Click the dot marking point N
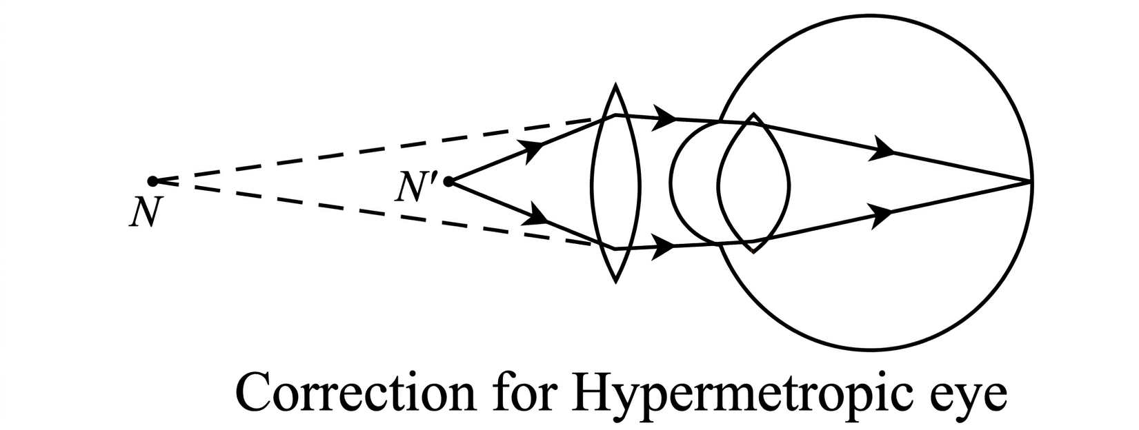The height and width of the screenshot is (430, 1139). [152, 181]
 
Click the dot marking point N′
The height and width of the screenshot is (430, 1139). [448, 181]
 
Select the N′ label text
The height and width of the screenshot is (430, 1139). [415, 188]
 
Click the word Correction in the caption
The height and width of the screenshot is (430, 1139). [355, 395]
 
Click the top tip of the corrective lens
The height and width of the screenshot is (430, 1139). [615, 85]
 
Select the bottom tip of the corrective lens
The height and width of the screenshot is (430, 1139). [615, 280]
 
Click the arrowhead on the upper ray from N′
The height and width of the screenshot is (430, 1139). [534, 150]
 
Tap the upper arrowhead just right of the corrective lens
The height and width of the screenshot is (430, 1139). [664, 118]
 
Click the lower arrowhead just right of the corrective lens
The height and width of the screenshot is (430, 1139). [663, 247]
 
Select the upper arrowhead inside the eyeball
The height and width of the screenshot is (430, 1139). [882, 149]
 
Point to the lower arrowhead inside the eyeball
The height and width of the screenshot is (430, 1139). [881, 215]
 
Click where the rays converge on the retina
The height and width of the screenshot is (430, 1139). [1031, 181]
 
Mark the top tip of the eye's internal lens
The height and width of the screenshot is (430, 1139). [753, 114]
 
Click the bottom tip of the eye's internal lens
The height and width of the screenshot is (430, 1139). [753, 251]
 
